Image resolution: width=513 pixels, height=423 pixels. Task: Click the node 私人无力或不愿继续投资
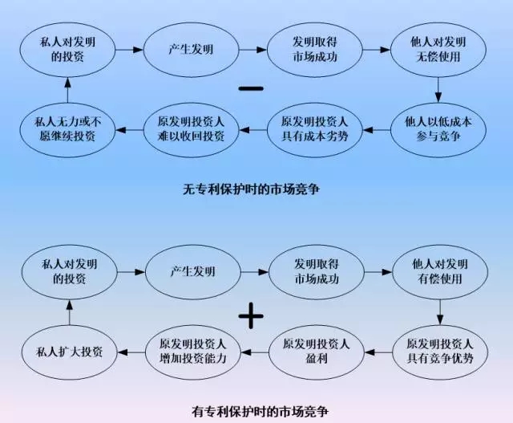[68, 128]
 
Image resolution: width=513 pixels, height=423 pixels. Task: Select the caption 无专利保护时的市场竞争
[256, 190]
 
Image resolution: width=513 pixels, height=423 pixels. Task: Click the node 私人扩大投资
[68, 351]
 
